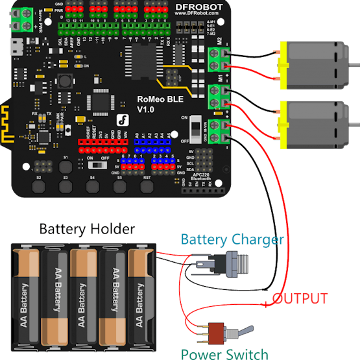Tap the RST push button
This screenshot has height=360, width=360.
147,187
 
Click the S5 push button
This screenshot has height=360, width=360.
120,187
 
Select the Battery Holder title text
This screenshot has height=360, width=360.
87,229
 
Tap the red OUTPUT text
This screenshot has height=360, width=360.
300,299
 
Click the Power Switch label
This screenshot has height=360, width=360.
224,354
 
